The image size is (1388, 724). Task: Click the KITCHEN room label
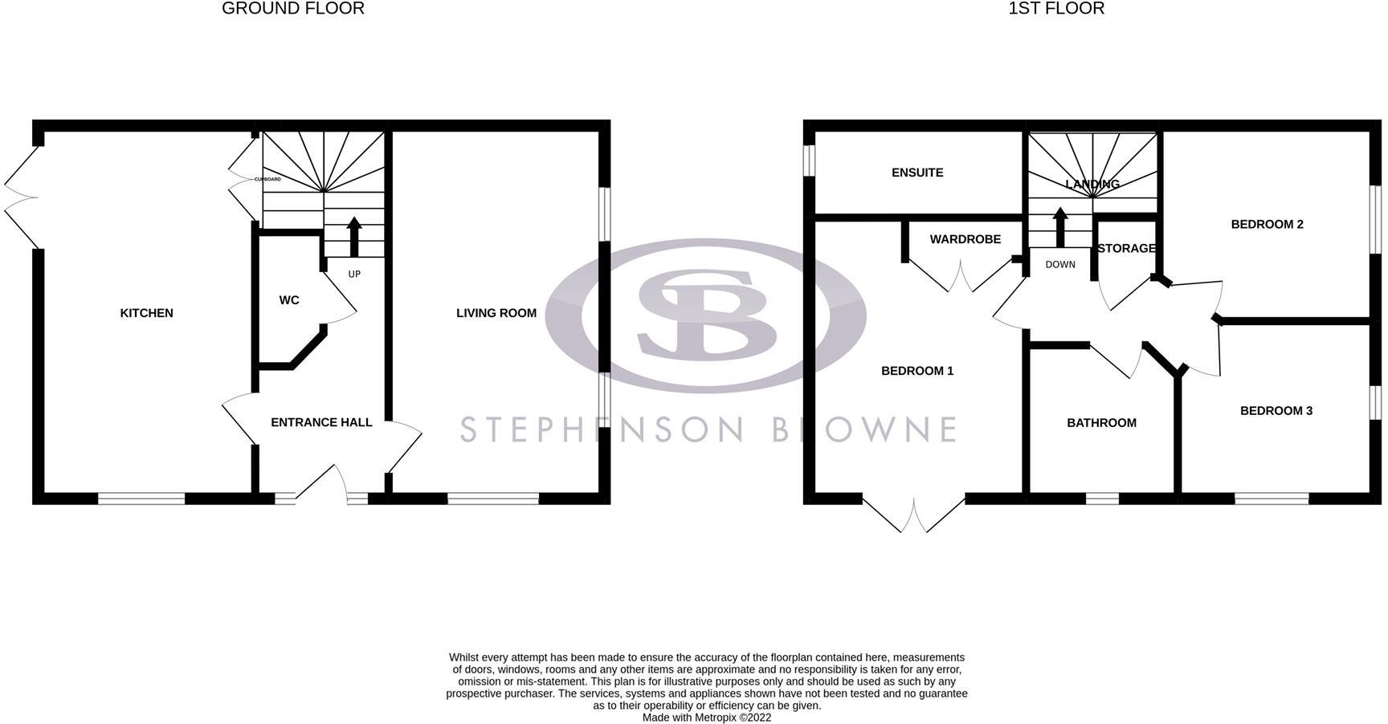[146, 313]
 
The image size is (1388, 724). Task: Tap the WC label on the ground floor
[289, 300]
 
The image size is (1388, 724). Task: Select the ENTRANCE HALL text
[321, 422]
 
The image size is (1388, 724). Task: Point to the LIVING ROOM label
[496, 313]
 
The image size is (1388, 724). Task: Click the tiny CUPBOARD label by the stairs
[267, 179]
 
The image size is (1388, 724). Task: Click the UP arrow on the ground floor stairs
[353, 235]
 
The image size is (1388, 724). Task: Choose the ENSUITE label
[917, 173]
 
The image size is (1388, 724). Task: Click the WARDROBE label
[965, 239]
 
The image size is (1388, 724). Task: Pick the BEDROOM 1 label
[917, 371]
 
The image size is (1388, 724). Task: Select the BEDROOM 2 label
[1267, 224]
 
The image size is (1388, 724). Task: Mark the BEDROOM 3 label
[1276, 411]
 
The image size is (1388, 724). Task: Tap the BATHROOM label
[1101, 423]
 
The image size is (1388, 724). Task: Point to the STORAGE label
[1126, 249]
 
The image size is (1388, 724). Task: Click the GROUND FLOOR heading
[292, 9]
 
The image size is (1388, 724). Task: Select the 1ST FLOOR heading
[1056, 9]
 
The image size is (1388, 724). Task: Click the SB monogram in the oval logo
[707, 313]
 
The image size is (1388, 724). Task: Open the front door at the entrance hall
[321, 486]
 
